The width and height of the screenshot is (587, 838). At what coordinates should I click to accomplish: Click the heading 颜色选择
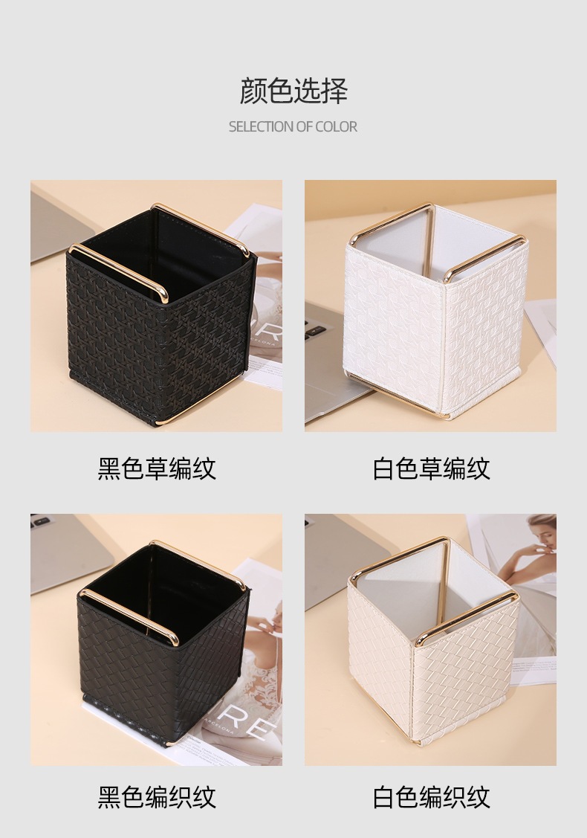coord(293,91)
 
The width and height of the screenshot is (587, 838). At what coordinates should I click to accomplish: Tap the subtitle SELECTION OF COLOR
coord(293,126)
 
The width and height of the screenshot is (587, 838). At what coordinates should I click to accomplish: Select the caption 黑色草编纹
coord(157,468)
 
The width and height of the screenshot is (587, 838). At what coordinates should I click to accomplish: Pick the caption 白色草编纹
coord(431,468)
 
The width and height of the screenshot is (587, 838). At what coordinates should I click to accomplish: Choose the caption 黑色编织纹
coord(157,796)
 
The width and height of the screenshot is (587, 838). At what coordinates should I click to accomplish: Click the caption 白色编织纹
coord(431,796)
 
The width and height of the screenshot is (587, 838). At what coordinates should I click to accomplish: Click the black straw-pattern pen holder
coord(160,315)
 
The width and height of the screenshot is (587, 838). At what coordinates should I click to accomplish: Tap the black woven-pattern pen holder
coord(163,644)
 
